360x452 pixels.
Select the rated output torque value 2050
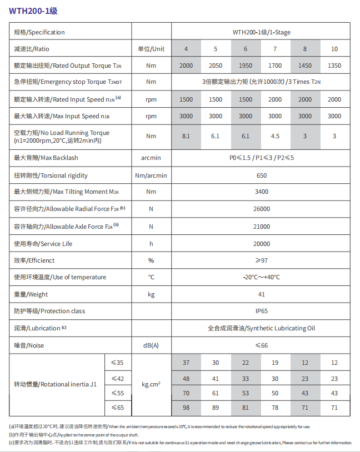(216, 66)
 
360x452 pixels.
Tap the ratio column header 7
(275, 49)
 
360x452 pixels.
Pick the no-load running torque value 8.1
(186, 136)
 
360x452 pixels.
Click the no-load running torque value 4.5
(275, 136)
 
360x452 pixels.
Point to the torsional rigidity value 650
(262, 175)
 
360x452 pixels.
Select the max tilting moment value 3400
(262, 192)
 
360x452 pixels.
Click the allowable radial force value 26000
(262, 209)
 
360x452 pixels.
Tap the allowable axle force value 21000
(262, 227)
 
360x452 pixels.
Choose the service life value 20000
(262, 244)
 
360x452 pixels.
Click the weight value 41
(262, 294)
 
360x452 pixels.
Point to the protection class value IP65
(262, 311)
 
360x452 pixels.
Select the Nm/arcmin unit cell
(151, 175)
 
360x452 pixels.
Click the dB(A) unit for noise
(151, 345)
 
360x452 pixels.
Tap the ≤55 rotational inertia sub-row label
(117, 393)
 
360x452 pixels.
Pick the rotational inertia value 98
(186, 408)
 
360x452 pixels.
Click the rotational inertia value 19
(275, 363)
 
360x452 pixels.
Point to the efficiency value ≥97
(262, 260)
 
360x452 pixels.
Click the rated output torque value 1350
(334, 66)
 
